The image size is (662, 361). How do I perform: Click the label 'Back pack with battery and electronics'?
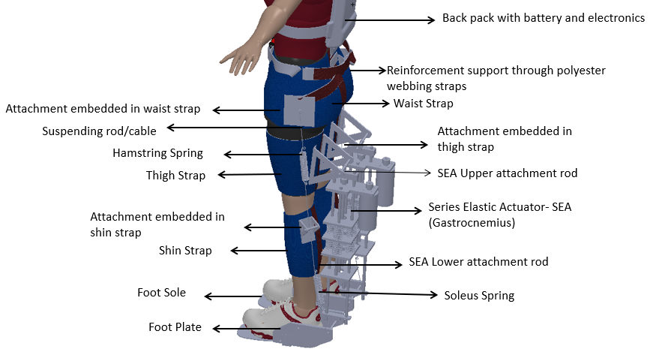click(544, 18)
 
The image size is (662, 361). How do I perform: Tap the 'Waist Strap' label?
click(423, 104)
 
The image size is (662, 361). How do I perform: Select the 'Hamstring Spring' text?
click(157, 153)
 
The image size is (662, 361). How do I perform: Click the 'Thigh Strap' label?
click(175, 176)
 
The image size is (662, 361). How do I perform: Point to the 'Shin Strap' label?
click(185, 251)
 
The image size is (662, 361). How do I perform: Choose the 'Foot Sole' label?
click(161, 293)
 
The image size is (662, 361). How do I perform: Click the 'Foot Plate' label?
click(175, 327)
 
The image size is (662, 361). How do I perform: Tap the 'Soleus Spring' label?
click(479, 296)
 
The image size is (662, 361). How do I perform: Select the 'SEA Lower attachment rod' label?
click(478, 262)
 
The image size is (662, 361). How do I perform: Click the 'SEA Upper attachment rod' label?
click(507, 173)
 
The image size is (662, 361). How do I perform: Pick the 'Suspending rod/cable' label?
click(99, 131)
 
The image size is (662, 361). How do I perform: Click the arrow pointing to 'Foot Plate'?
click(247, 329)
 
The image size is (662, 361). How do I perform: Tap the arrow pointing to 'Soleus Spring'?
click(379, 293)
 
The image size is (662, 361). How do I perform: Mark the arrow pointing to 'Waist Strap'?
click(361, 103)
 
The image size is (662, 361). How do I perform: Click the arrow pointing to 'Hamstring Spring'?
click(262, 155)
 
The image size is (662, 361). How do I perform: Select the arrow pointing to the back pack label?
click(390, 20)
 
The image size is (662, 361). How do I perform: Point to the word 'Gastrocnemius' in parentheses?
click(472, 223)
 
